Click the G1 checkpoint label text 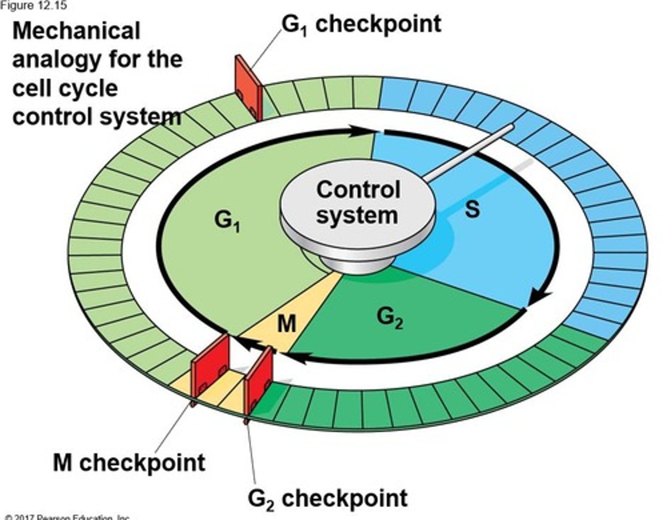coord(361,24)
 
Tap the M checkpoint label coord(129,462)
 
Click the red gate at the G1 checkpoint coord(248,88)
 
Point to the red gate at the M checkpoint coord(211,366)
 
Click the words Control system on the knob coord(358,203)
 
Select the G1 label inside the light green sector coord(227,221)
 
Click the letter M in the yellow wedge coord(287,323)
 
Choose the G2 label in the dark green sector coord(390,318)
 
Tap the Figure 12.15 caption coord(33,5)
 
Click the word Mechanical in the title coord(76,31)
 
